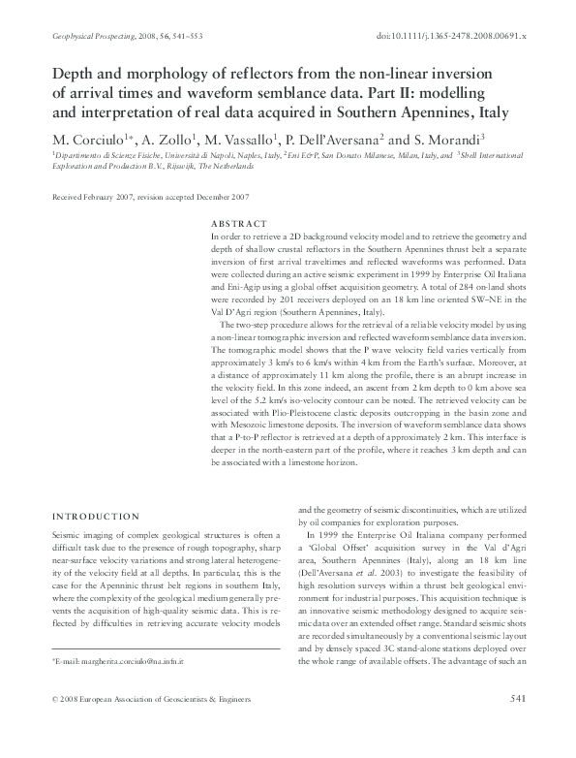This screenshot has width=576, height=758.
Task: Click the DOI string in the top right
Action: coord(449,35)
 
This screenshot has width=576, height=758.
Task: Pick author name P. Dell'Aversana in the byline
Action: coord(340,138)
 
